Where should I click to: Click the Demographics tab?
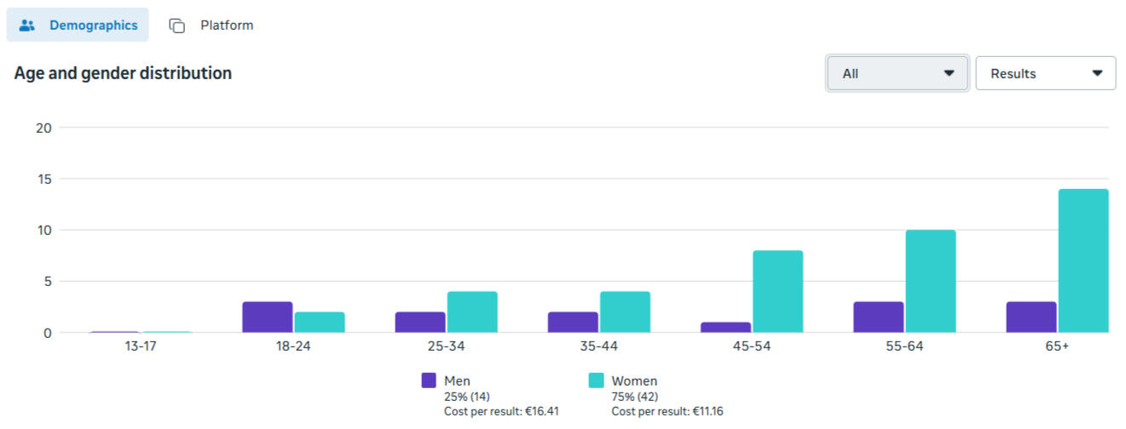pos(78,26)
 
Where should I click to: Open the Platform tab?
pos(211,26)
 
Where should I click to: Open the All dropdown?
pos(898,73)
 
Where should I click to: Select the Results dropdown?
pos(1045,73)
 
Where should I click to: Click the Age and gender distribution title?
pos(123,73)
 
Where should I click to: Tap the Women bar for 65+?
pos(1083,260)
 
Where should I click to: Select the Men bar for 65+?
pos(1031,317)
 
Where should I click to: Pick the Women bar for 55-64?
pos(930,281)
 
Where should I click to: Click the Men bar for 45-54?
pos(725,327)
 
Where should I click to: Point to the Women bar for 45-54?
pos(777,291)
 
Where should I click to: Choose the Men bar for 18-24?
pos(267,317)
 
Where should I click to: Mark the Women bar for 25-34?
pos(472,312)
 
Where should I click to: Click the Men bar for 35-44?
pos(573,322)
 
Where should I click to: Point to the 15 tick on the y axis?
pos(43,179)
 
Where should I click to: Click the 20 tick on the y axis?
pos(43,128)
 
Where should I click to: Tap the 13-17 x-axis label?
pos(140,346)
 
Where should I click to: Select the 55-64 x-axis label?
pos(904,346)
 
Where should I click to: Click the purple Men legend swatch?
pos(429,380)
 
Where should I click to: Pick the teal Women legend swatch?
pos(596,380)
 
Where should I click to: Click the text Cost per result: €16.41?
pos(501,412)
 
